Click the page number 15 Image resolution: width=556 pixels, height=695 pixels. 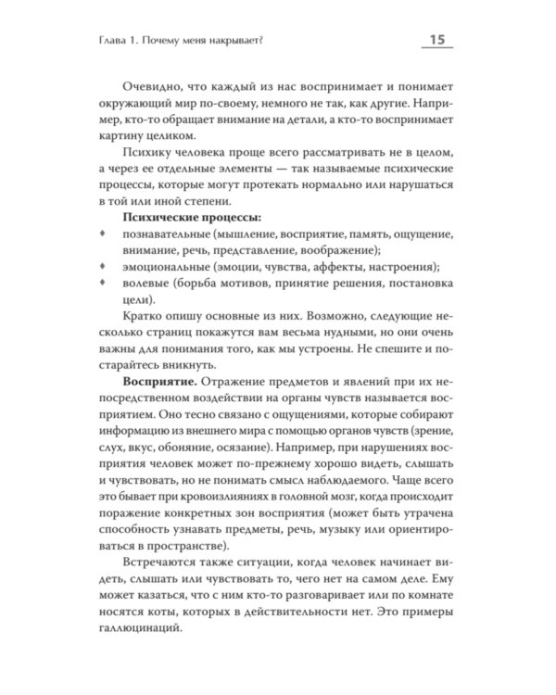pyautogui.click(x=433, y=39)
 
